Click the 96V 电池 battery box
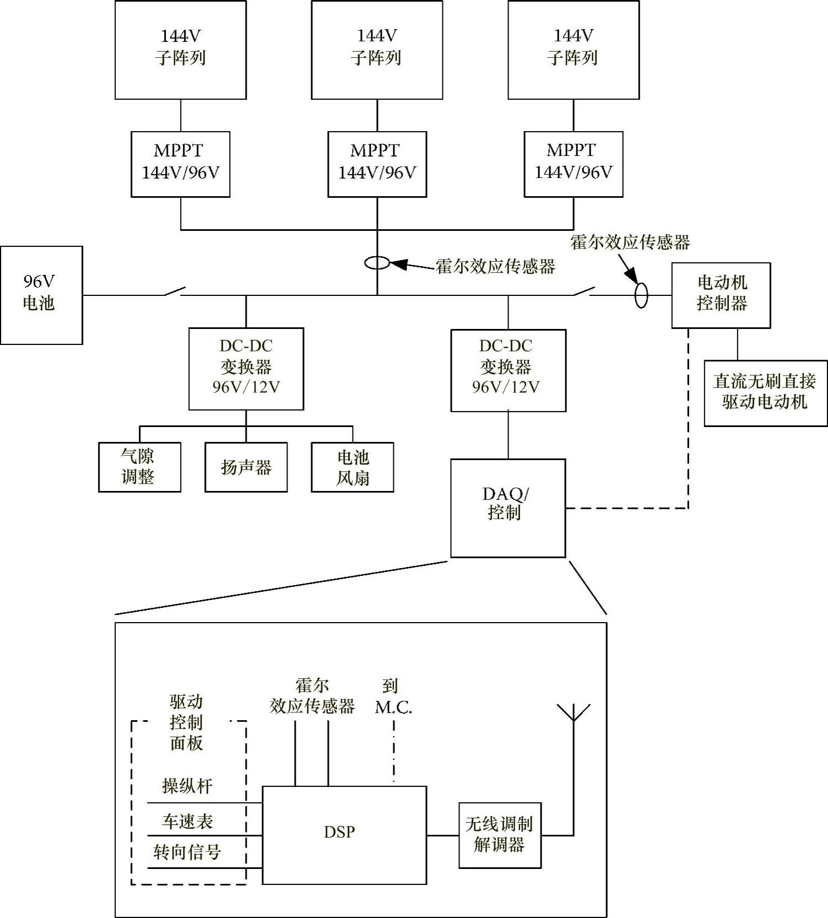(x=41, y=295)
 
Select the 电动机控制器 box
(x=721, y=295)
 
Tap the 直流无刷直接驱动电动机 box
(x=765, y=393)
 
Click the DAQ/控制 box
(x=508, y=507)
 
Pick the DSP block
(x=344, y=834)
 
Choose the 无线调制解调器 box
(x=500, y=835)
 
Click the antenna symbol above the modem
(x=573, y=713)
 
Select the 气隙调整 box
(x=139, y=467)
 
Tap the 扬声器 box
(x=246, y=467)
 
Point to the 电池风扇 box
(x=352, y=467)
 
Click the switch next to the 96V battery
(x=174, y=291)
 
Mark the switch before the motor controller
(x=583, y=291)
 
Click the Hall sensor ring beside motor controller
(x=641, y=295)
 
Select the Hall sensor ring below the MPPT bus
(x=377, y=263)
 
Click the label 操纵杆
(x=187, y=786)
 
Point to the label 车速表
(x=187, y=822)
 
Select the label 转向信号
(x=187, y=852)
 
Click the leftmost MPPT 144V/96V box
(x=180, y=164)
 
